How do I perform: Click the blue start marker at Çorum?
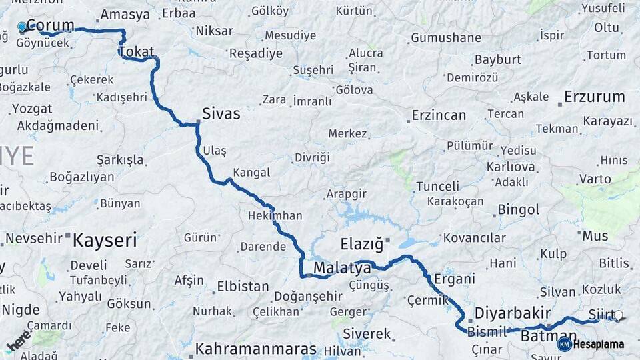(22, 27)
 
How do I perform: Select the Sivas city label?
(221, 114)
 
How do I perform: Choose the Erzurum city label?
(595, 97)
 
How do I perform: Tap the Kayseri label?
(105, 239)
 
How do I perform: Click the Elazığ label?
(362, 244)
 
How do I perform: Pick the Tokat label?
(137, 52)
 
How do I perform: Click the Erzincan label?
(439, 115)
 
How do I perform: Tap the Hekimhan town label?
(275, 216)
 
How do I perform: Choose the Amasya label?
(125, 15)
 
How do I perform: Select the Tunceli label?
(437, 186)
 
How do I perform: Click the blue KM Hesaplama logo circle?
(565, 344)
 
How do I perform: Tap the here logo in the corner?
(19, 341)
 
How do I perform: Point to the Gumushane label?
(445, 38)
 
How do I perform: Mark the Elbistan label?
(243, 287)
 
